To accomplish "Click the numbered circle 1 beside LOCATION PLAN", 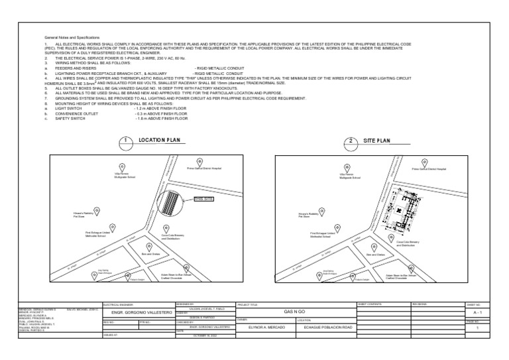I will [x=124, y=141].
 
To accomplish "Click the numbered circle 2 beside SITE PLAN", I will [x=349, y=141].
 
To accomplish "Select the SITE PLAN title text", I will [x=377, y=141].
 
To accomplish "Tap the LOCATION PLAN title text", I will [x=159, y=141].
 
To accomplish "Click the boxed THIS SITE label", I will [x=204, y=198].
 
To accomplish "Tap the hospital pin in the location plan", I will [x=196, y=161].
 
